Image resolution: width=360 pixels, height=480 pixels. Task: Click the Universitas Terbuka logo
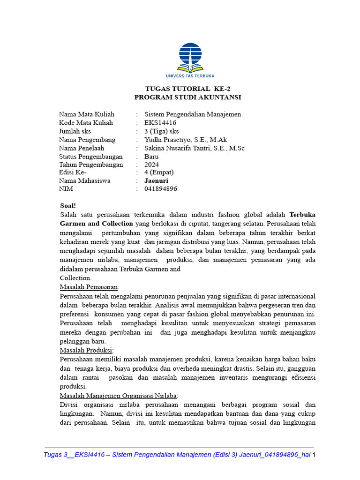190,60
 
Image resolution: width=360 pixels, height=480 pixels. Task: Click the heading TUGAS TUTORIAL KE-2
187,89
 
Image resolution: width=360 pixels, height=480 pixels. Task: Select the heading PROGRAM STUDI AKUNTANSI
187,97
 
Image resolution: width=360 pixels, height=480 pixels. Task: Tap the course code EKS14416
160,123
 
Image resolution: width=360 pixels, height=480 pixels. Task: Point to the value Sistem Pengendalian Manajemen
193,114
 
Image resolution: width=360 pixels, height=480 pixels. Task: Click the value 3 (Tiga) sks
161,131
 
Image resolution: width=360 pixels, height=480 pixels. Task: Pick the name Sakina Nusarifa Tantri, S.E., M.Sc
194,148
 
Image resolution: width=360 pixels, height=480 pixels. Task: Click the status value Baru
151,157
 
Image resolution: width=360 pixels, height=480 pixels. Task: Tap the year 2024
151,165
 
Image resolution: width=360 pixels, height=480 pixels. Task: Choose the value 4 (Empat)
159,172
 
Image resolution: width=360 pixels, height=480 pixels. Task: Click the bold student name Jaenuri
156,181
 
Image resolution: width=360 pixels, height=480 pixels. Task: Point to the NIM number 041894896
161,189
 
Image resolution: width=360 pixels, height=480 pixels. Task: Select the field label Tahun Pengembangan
91,165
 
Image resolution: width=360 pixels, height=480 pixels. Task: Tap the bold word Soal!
68,206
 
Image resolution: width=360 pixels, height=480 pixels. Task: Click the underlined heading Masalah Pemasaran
90,287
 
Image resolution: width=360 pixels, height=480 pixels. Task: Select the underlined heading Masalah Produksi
87,350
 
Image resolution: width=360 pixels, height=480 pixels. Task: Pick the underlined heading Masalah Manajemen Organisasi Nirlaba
119,395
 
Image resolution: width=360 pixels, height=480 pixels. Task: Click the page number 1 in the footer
314,455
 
